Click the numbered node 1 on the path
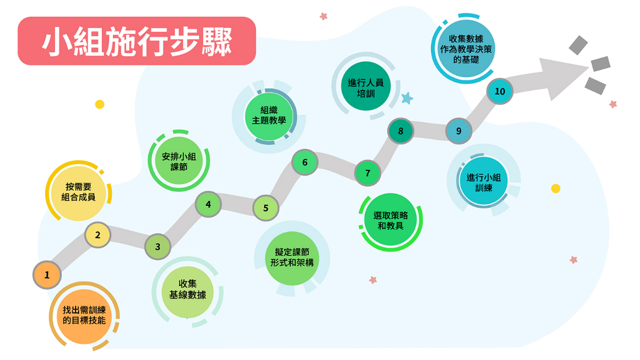click(47, 275)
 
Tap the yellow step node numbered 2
click(98, 235)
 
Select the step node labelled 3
click(158, 247)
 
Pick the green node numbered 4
click(208, 204)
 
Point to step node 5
click(266, 208)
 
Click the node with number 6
click(305, 162)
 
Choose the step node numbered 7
click(367, 173)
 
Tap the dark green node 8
click(400, 131)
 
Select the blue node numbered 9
click(459, 131)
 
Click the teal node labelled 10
click(500, 91)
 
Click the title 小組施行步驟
click(137, 41)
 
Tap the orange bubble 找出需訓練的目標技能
click(84, 316)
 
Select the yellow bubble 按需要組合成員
click(79, 192)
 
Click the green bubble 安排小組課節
click(179, 162)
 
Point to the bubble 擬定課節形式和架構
click(292, 258)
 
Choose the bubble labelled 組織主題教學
click(269, 116)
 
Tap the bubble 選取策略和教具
click(390, 221)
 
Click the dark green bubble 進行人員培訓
click(366, 87)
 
